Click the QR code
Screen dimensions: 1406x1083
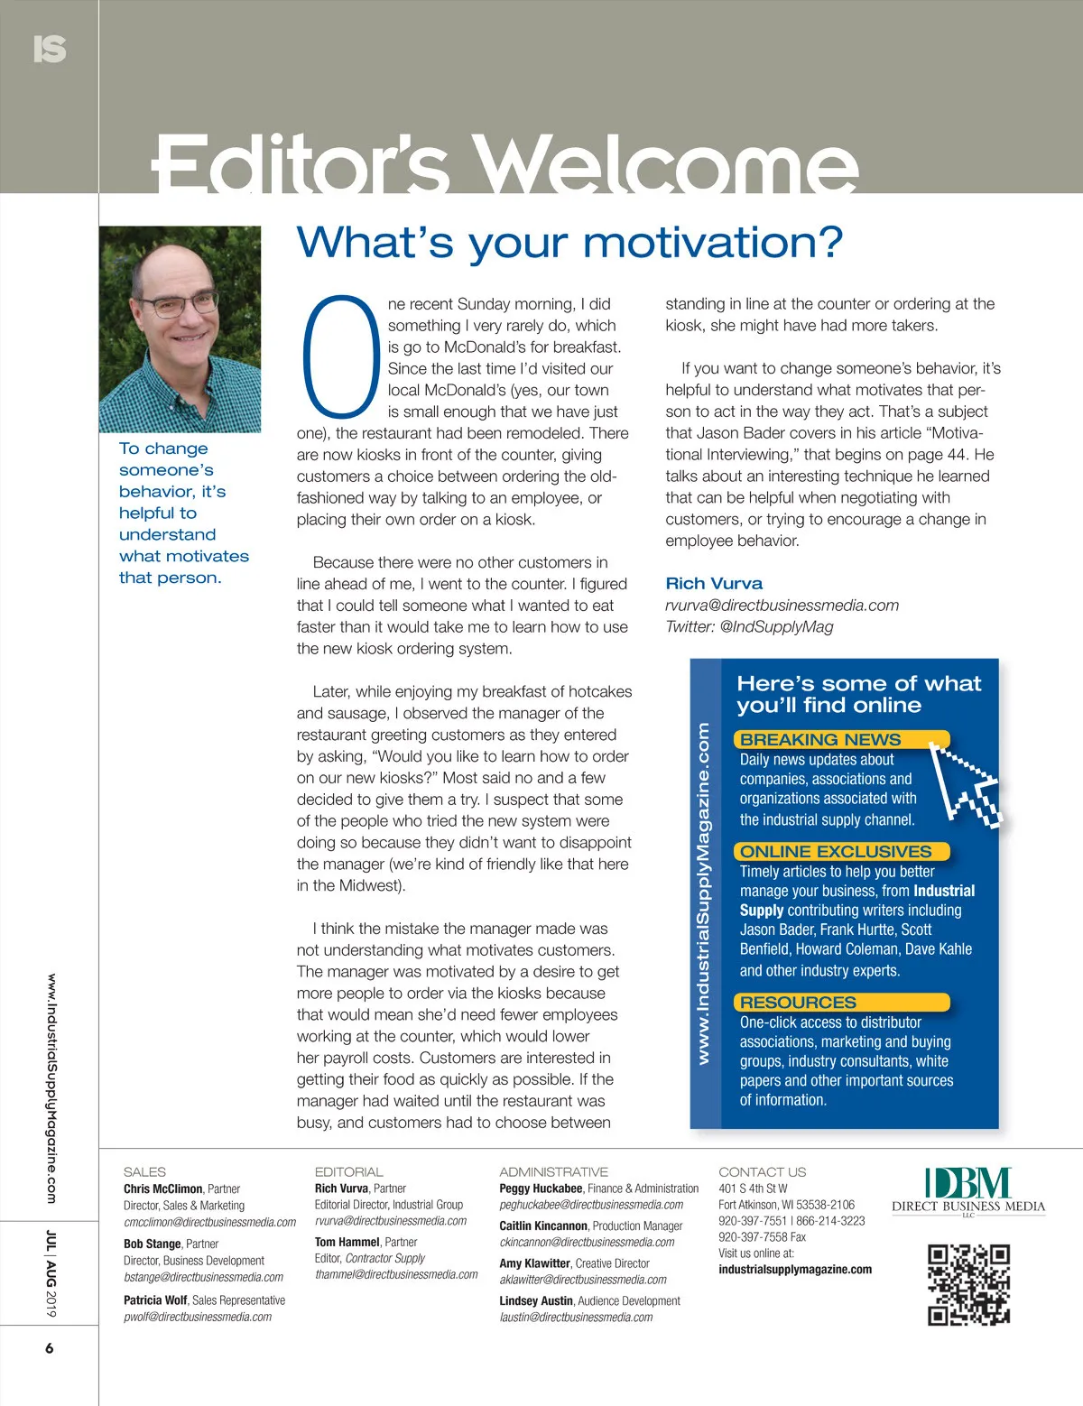(968, 1284)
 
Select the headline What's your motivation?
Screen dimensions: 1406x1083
(569, 243)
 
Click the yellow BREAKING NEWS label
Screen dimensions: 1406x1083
(820, 739)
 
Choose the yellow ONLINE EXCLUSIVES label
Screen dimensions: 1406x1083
(836, 851)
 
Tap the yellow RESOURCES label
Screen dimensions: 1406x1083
(799, 1002)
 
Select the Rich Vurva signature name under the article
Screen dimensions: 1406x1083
(714, 584)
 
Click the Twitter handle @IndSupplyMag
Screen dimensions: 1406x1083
(776, 626)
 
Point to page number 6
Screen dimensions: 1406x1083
(50, 1348)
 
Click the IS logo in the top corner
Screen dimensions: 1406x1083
(50, 49)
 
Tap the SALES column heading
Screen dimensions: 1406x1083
(144, 1171)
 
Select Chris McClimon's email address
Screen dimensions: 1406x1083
(209, 1222)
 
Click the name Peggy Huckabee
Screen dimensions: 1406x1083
(541, 1189)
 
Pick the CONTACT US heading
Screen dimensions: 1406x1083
(762, 1171)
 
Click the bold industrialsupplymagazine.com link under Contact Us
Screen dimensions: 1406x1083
(795, 1269)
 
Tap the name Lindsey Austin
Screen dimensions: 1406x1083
(536, 1300)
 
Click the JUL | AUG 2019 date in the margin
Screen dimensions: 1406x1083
(51, 1272)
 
